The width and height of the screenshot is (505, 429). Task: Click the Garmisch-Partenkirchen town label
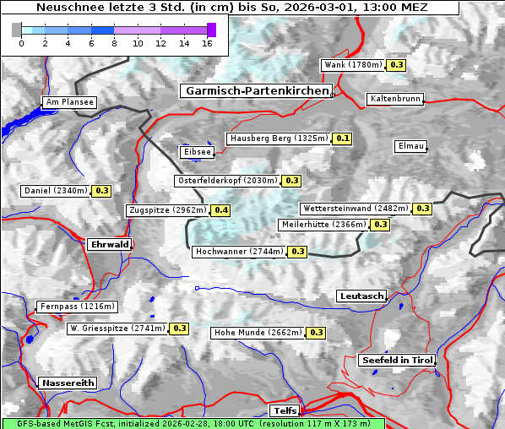[255, 90]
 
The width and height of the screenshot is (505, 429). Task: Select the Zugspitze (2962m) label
[166, 210]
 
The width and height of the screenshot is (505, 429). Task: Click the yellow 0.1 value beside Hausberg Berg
[342, 138]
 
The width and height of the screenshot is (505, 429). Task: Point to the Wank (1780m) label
[353, 65]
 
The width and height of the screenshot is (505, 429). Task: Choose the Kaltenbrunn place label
[394, 99]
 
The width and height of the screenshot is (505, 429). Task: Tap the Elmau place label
[410, 146]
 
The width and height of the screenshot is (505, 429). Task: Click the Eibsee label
[196, 152]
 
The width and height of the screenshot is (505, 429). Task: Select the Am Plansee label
[68, 102]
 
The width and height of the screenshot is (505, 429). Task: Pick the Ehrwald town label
[109, 244]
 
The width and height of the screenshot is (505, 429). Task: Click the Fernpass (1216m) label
[76, 307]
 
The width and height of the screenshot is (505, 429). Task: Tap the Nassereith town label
[67, 383]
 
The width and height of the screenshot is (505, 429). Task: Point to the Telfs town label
[283, 410]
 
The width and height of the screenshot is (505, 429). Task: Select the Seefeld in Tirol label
[396, 360]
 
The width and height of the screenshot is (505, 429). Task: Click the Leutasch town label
[361, 296]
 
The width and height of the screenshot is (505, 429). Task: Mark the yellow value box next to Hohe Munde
[316, 333]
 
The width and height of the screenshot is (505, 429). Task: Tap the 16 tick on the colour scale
[207, 43]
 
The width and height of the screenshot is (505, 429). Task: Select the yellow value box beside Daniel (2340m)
[101, 191]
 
